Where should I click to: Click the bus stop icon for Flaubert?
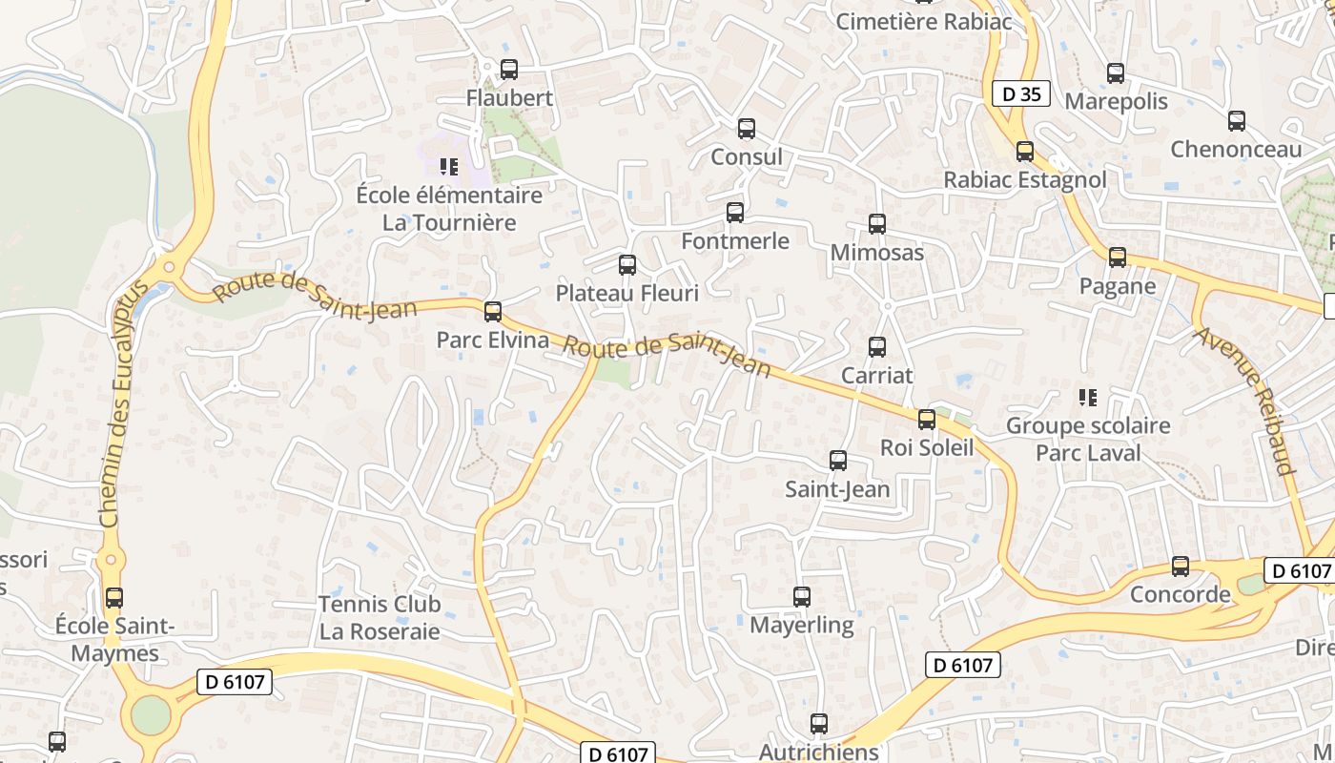[x=509, y=70]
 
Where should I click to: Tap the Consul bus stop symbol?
[x=747, y=129]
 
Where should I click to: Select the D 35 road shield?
[x=1021, y=93]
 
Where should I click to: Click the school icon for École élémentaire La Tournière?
[x=449, y=168]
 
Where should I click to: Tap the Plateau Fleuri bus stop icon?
[x=627, y=265]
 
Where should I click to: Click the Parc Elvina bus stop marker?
[x=493, y=312]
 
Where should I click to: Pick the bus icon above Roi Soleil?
[x=927, y=420]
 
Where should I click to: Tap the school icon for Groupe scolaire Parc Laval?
[x=1087, y=397]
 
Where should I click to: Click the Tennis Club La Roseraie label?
[x=380, y=617]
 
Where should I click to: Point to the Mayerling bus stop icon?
[x=802, y=597]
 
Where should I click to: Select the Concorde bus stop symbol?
[x=1181, y=567]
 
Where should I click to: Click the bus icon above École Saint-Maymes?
[x=114, y=598]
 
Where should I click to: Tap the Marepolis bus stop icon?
[x=1116, y=73]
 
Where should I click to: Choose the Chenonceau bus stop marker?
[x=1237, y=121]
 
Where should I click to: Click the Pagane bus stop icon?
[x=1118, y=258]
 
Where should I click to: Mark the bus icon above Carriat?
[x=877, y=347]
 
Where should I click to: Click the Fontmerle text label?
[x=735, y=241]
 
